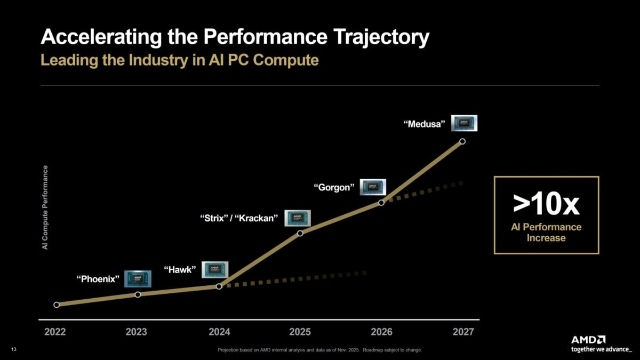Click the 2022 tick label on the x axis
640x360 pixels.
click(55, 332)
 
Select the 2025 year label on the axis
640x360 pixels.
click(300, 332)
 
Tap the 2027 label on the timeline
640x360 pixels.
click(463, 332)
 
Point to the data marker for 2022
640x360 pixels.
click(57, 305)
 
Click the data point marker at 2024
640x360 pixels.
click(219, 286)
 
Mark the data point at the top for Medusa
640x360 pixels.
click(462, 141)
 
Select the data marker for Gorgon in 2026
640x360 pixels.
click(381, 203)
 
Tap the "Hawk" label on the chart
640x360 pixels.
click(180, 269)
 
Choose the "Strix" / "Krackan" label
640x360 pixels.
click(239, 218)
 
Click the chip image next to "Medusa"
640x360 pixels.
click(464, 123)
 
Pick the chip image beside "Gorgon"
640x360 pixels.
click(372, 187)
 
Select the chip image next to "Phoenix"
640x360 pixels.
click(138, 278)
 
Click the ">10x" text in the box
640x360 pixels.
click(546, 203)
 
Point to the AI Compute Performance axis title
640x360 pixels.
click(45, 207)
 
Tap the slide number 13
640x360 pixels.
click(14, 350)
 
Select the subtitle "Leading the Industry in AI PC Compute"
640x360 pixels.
click(180, 60)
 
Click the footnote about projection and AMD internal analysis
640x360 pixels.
click(320, 350)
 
